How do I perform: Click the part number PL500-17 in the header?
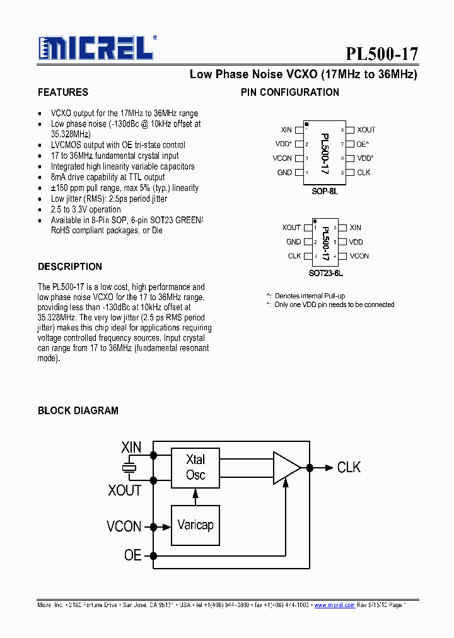[x=381, y=53]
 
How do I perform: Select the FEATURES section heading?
[x=63, y=92]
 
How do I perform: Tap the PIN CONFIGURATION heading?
[x=290, y=92]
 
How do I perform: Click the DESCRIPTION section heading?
[x=70, y=267]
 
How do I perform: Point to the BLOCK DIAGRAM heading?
[x=78, y=410]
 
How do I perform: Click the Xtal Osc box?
[x=195, y=467]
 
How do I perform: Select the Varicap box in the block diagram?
[x=195, y=525]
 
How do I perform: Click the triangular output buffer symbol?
[x=286, y=467]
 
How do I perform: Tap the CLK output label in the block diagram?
[x=349, y=467]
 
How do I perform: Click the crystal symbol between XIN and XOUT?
[x=129, y=468]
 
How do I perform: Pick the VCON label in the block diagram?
[x=124, y=526]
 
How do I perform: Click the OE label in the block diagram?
[x=132, y=555]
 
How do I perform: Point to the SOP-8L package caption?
[x=325, y=190]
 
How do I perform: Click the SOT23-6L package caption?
[x=326, y=274]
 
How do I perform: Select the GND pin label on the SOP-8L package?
[x=284, y=173]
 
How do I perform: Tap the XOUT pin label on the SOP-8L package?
[x=366, y=130]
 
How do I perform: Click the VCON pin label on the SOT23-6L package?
[x=359, y=256]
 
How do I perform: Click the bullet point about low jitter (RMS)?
[x=109, y=199]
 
